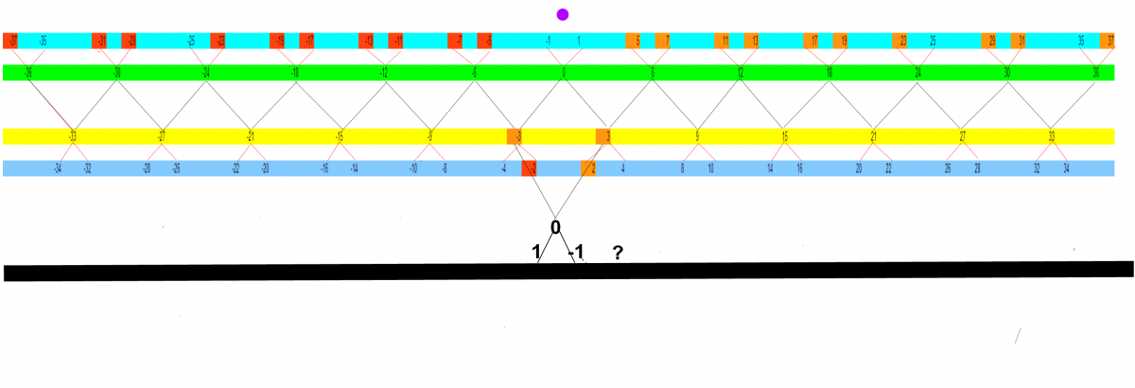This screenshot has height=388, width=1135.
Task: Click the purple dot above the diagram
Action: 563,14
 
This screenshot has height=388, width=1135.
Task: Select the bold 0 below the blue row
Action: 555,227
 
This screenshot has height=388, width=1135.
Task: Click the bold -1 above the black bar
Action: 575,253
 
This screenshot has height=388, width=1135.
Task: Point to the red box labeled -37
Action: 11,42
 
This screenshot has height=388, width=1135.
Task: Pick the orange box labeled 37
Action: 1109,42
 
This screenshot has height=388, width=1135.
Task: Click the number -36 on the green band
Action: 27,73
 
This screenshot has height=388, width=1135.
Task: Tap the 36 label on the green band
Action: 1096,73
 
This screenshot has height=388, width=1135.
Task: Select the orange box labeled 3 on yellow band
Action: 603,136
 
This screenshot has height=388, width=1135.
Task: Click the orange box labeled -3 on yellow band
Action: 515,136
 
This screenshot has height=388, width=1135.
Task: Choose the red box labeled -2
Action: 530,169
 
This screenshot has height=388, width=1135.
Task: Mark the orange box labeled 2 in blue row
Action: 589,169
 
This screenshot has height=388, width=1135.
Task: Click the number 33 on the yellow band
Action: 1052,136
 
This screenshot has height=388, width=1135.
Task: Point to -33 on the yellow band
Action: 72,136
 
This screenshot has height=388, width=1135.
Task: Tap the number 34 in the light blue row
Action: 1067,169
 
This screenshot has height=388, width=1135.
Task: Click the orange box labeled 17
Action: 812,42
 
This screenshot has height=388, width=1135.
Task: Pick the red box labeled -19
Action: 277,42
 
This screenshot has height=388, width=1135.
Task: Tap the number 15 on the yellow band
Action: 785,136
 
